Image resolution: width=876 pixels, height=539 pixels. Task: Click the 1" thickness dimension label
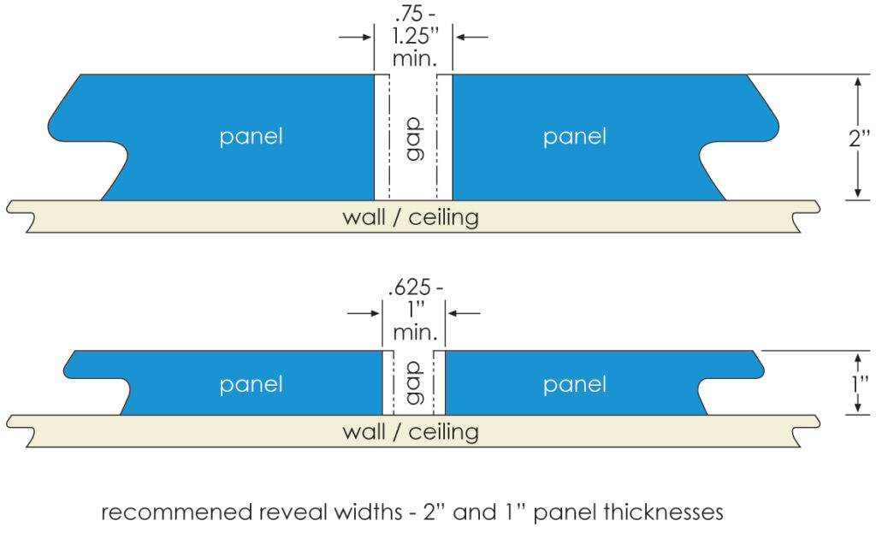(861, 382)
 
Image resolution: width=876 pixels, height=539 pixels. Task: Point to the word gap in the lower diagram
(414, 383)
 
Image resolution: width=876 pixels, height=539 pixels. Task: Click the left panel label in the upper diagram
(251, 137)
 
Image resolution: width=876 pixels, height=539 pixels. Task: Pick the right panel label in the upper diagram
(574, 137)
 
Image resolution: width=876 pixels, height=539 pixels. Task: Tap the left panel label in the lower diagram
(251, 385)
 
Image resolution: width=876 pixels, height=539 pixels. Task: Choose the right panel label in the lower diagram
(574, 385)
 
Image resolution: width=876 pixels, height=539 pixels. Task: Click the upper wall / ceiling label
(411, 217)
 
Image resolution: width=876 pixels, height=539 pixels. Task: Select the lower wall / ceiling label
(411, 431)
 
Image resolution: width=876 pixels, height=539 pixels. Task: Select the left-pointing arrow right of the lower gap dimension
(465, 314)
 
